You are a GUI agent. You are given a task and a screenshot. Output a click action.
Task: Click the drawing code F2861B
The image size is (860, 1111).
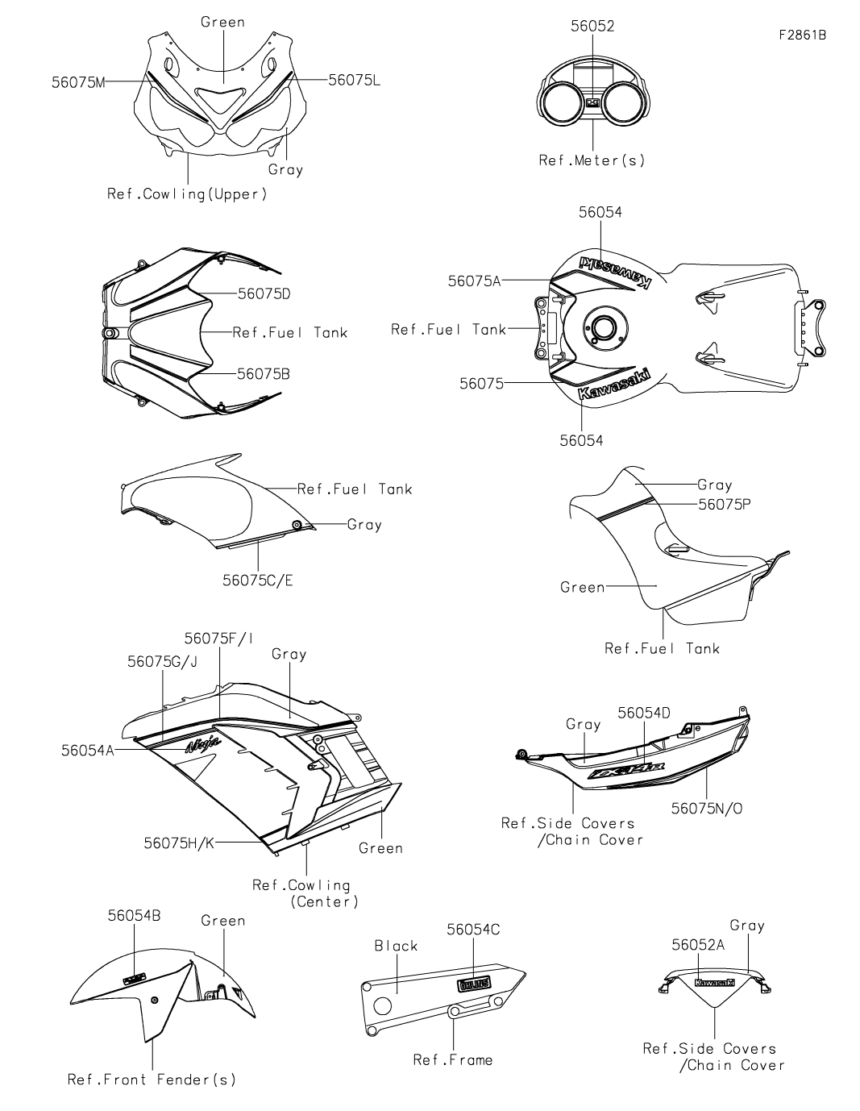click(x=803, y=35)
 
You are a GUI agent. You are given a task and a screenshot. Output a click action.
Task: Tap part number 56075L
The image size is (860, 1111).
click(x=355, y=80)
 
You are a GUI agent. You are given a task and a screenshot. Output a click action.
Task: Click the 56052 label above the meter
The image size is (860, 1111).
click(x=592, y=27)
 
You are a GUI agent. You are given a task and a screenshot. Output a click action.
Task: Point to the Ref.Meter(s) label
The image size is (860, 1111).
click(x=592, y=160)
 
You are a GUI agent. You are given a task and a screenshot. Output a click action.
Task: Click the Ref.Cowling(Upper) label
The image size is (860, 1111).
click(x=187, y=194)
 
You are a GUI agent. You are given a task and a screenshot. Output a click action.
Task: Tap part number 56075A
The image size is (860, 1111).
click(x=475, y=281)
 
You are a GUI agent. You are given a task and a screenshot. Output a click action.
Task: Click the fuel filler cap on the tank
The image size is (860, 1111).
click(x=600, y=327)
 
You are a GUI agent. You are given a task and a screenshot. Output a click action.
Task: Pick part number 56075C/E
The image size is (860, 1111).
click(x=258, y=580)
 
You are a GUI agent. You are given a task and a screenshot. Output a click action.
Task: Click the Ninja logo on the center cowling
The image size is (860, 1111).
click(x=202, y=745)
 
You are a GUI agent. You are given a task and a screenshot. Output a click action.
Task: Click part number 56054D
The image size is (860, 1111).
click(x=644, y=713)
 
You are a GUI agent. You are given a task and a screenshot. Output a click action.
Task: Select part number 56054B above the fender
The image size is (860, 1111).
click(x=135, y=916)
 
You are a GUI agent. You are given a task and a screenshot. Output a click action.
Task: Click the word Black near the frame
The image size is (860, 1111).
click(x=396, y=946)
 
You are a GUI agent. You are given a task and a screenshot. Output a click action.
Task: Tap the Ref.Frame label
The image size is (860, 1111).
click(x=452, y=1060)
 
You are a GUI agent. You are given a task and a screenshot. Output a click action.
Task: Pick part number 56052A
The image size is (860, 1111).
click(x=698, y=945)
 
